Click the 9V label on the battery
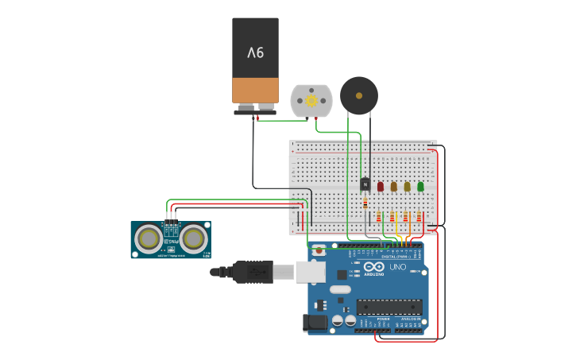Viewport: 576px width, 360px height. pyautogui.click(x=255, y=52)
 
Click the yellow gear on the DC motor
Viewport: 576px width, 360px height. pyautogui.click(x=311, y=101)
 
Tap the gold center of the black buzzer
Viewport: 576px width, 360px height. pyautogui.click(x=358, y=96)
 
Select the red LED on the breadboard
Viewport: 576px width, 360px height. pyautogui.click(x=381, y=187)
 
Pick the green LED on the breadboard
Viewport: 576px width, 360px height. pyautogui.click(x=420, y=187)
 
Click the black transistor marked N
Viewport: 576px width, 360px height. pyautogui.click(x=365, y=184)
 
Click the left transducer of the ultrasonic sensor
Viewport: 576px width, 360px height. pyautogui.click(x=147, y=238)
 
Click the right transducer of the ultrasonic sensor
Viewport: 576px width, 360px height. pyautogui.click(x=193, y=238)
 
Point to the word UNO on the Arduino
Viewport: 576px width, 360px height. pyautogui.click(x=397, y=267)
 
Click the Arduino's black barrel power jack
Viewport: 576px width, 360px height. pyautogui.click(x=315, y=323)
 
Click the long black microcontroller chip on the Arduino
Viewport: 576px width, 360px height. pyautogui.click(x=387, y=306)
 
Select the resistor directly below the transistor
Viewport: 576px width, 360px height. pyautogui.click(x=365, y=203)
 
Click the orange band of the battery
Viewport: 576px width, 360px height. pyautogui.click(x=255, y=89)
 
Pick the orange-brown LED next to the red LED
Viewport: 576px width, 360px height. pyautogui.click(x=393, y=187)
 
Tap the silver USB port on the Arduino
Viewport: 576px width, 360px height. pyautogui.click(x=310, y=272)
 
